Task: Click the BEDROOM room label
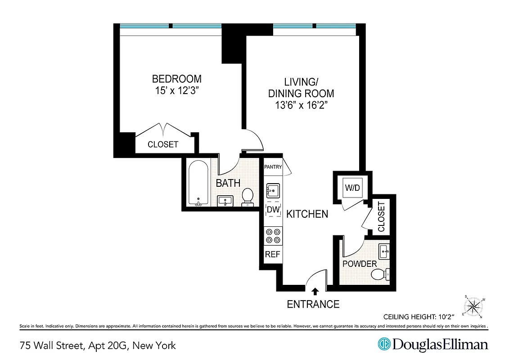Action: click(x=176, y=79)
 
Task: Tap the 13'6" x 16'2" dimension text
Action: click(x=301, y=106)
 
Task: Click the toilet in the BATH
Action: click(x=247, y=197)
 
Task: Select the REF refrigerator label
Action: click(x=272, y=254)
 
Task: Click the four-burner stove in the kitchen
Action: click(x=273, y=236)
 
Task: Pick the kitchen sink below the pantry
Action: click(x=273, y=190)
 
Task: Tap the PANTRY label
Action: click(x=273, y=167)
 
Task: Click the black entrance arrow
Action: click(x=315, y=291)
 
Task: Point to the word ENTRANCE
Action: click(x=313, y=305)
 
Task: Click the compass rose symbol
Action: click(x=473, y=307)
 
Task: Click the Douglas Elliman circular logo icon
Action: click(x=384, y=345)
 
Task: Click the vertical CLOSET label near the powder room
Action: click(x=381, y=217)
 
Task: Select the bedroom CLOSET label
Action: click(x=163, y=144)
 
